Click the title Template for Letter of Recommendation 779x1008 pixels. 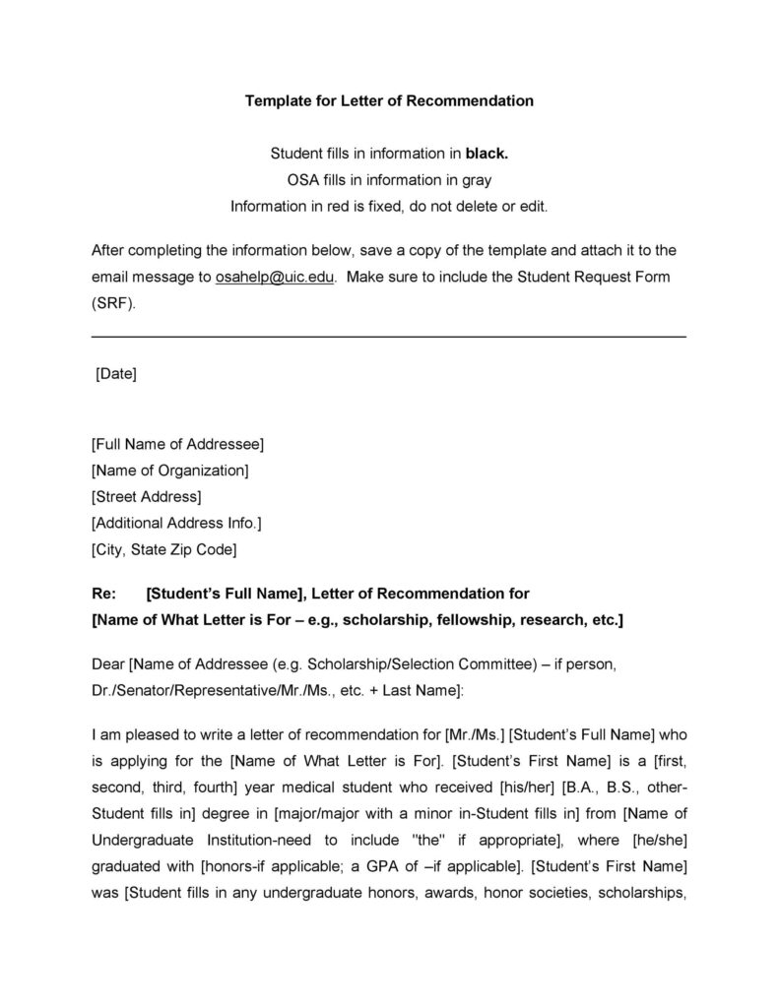(x=389, y=100)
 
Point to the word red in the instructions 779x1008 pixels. (x=323, y=207)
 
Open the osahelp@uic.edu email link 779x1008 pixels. (x=275, y=277)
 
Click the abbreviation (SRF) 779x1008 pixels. (x=113, y=303)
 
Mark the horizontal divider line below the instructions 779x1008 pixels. (x=388, y=338)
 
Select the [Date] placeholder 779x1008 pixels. (x=115, y=374)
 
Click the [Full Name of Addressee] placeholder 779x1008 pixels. (x=177, y=444)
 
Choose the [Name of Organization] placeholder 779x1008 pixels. (x=169, y=471)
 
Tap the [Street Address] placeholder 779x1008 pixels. (x=146, y=496)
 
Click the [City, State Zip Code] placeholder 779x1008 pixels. (x=163, y=549)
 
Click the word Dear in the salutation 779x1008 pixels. (x=108, y=664)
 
